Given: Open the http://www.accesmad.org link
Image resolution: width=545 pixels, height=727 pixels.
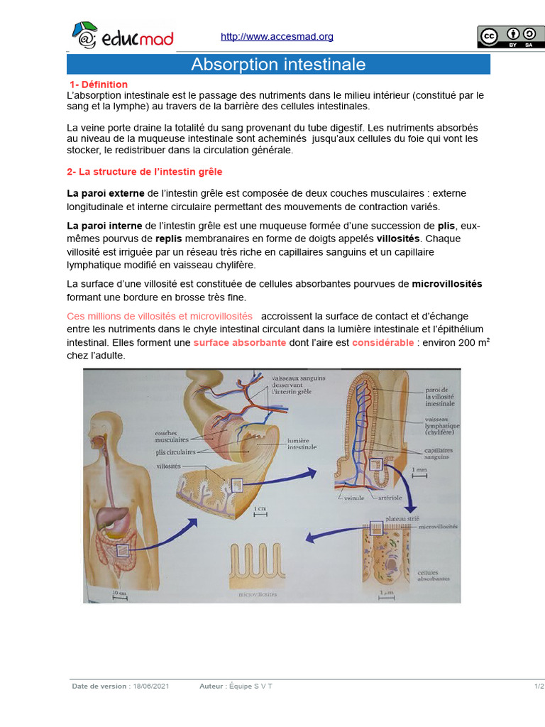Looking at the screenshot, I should pyautogui.click(x=277, y=37).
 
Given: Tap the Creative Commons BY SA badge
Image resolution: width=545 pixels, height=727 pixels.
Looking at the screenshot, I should pyautogui.click(x=510, y=37).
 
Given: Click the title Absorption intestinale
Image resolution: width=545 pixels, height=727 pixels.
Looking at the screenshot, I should pyautogui.click(x=278, y=65).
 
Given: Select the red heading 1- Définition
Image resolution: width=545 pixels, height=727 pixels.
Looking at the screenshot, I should pyautogui.click(x=99, y=84).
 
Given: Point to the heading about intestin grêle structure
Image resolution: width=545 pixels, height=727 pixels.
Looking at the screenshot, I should pyautogui.click(x=145, y=172).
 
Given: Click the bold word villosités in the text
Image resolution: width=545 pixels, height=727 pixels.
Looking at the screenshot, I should pyautogui.click(x=398, y=239).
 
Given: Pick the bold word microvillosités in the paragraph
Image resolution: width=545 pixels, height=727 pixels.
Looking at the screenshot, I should pyautogui.click(x=447, y=285).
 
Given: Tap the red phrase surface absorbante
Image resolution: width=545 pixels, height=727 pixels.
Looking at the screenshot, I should pyautogui.click(x=240, y=342).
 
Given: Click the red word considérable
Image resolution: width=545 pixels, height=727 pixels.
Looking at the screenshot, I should pyautogui.click(x=382, y=342).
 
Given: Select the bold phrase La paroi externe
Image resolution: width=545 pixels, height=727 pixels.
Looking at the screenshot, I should pyautogui.click(x=105, y=193).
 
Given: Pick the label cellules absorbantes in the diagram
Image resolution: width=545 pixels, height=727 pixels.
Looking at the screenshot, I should pyautogui.click(x=434, y=576).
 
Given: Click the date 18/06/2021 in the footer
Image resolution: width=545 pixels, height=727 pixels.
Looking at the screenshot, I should pyautogui.click(x=151, y=687).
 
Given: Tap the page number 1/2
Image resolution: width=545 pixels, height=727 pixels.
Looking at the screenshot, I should pyautogui.click(x=539, y=687).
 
